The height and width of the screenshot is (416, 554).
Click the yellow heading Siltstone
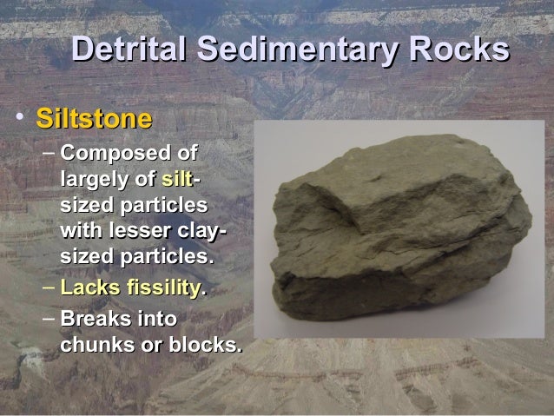point(95,119)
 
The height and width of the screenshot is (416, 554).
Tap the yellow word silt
point(175,181)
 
